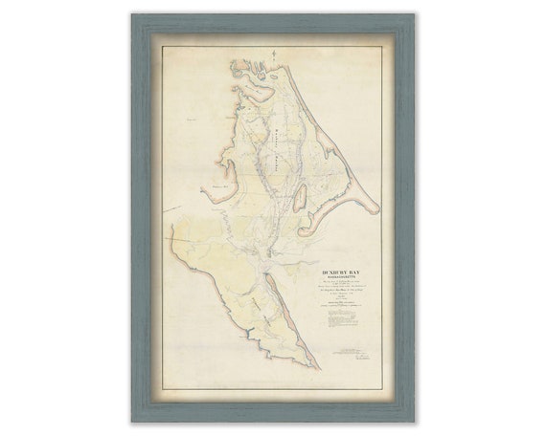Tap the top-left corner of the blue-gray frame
[x=134, y=15]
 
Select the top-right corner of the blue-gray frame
[x=412, y=15]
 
